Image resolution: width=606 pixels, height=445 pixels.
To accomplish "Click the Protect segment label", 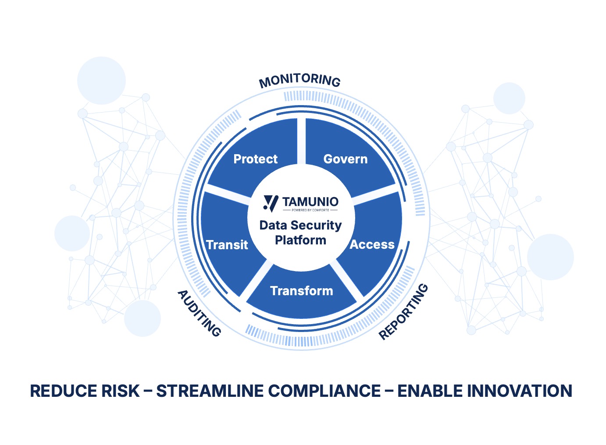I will [255, 159].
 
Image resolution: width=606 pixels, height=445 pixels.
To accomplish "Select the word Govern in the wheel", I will [346, 159].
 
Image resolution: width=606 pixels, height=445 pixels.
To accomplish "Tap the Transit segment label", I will [227, 245].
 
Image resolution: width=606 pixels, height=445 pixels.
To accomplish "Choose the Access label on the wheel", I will [372, 245].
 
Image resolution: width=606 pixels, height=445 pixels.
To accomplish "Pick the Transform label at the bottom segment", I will [302, 291].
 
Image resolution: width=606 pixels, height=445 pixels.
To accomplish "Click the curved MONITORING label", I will [299, 80].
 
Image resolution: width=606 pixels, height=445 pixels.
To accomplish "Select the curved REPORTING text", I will [403, 311].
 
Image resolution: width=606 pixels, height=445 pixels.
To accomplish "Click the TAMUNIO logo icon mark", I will [271, 203].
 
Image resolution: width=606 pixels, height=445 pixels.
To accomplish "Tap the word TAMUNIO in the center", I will [310, 201].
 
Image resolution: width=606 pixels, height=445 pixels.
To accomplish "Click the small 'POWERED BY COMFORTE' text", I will [310, 210].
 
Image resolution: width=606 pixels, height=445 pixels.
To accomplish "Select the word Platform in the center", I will [300, 240].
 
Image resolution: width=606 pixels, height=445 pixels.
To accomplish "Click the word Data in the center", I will [273, 226].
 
